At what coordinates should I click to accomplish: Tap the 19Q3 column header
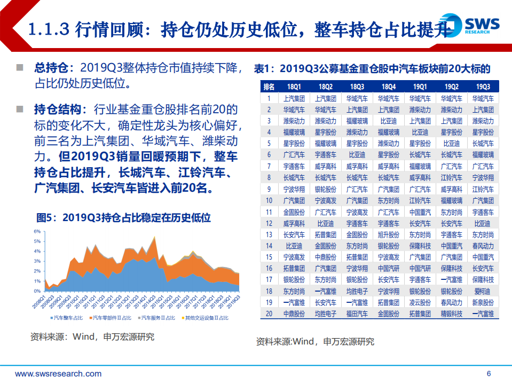(483, 87)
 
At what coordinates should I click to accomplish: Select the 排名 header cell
(269, 87)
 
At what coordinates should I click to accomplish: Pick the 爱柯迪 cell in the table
(483, 292)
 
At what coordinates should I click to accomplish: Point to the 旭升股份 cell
(388, 235)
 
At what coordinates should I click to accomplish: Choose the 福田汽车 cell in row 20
(357, 314)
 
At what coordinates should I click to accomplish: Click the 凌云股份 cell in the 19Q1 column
(420, 303)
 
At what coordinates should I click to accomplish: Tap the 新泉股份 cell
(483, 303)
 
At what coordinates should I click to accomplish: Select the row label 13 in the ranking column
(269, 235)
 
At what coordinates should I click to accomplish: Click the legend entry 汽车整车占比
(67, 317)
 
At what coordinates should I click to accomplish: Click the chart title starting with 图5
(123, 218)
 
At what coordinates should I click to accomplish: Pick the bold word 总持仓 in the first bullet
(51, 68)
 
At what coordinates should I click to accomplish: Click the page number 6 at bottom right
(489, 373)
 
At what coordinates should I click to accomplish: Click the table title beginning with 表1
(372, 69)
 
